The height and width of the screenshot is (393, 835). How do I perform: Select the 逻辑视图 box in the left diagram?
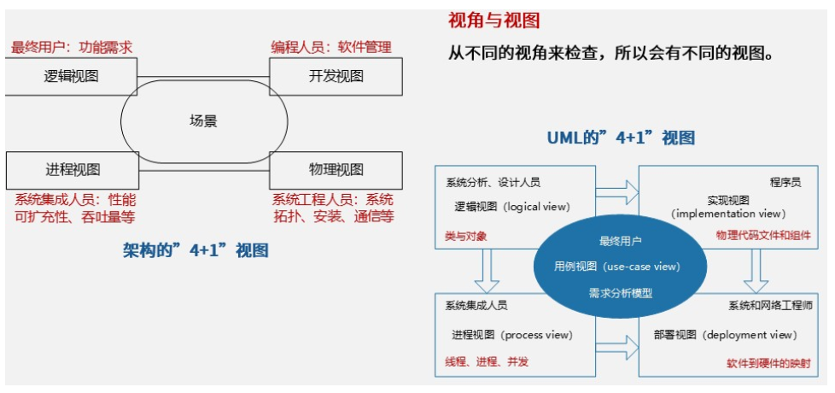71,76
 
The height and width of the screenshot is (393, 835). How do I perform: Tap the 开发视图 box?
336,76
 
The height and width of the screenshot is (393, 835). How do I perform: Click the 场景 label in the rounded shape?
203,121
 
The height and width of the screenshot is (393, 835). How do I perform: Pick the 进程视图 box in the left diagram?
71,169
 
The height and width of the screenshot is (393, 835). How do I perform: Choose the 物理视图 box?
336,169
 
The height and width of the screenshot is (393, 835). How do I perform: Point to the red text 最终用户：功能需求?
72,47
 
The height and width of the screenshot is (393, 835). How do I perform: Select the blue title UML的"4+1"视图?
621,138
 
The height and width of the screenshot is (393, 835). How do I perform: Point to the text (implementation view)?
727,214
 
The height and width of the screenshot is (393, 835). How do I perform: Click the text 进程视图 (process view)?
511,335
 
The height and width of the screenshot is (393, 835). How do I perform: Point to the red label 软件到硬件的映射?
766,361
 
